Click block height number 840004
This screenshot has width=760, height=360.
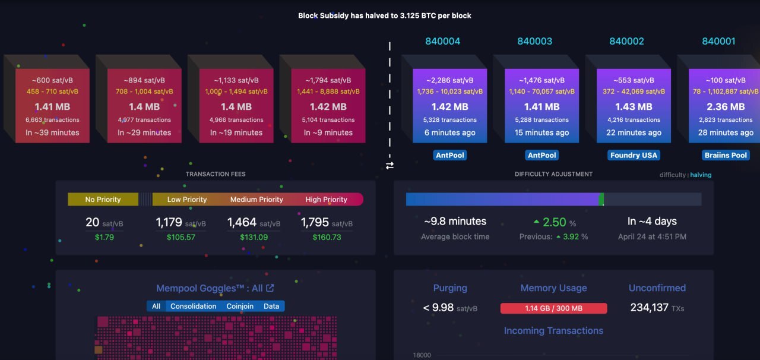click(x=442, y=41)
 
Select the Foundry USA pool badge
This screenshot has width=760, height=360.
click(x=634, y=155)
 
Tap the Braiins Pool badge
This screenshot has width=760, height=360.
click(x=726, y=155)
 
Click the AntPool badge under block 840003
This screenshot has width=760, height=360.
click(x=541, y=155)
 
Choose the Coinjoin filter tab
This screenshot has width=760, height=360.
click(x=240, y=306)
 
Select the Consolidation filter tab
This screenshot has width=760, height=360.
click(x=193, y=306)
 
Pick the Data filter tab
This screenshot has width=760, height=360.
click(x=271, y=306)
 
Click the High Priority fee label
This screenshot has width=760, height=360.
click(x=326, y=200)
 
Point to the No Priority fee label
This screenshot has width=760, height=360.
click(x=103, y=200)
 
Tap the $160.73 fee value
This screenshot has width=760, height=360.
click(x=327, y=237)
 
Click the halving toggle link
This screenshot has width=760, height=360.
click(x=701, y=175)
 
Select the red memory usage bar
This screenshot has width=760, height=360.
click(x=553, y=308)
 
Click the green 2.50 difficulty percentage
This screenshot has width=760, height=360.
click(x=554, y=222)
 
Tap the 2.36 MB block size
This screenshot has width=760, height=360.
click(x=726, y=107)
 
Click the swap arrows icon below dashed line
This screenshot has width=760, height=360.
click(x=389, y=166)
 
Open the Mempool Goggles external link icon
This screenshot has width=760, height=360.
click(x=270, y=288)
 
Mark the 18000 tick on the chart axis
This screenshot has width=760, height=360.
click(x=422, y=355)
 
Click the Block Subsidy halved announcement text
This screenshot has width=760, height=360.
click(x=385, y=15)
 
